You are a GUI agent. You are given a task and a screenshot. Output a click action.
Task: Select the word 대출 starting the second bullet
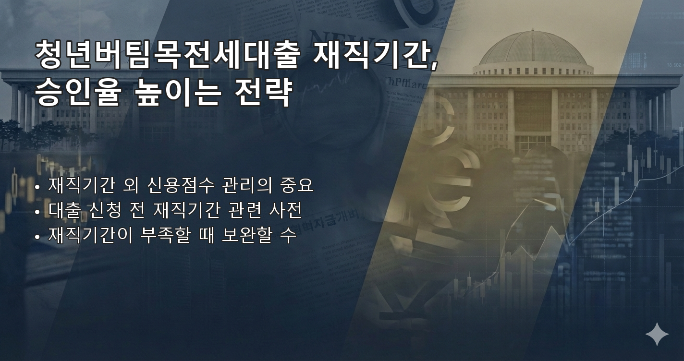[64, 210]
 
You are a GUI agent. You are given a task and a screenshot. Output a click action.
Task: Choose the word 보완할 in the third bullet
[246, 235]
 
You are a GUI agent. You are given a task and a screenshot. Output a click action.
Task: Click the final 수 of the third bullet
[287, 235]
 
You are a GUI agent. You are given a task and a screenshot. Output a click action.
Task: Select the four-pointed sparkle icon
[657, 334]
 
